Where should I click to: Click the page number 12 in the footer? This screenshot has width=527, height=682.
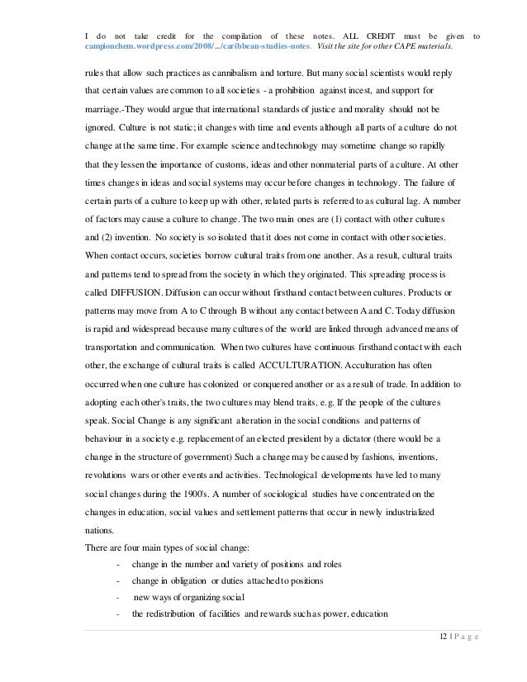446,657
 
